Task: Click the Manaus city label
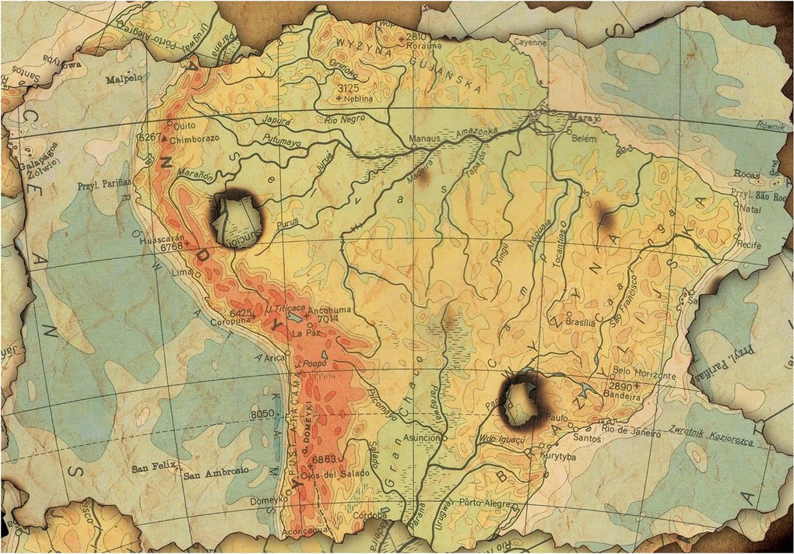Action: (x=426, y=140)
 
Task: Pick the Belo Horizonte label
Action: (x=645, y=373)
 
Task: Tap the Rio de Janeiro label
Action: (x=628, y=429)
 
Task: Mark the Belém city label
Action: (x=583, y=141)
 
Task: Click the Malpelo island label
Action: (x=123, y=79)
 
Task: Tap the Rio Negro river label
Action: (x=344, y=120)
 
